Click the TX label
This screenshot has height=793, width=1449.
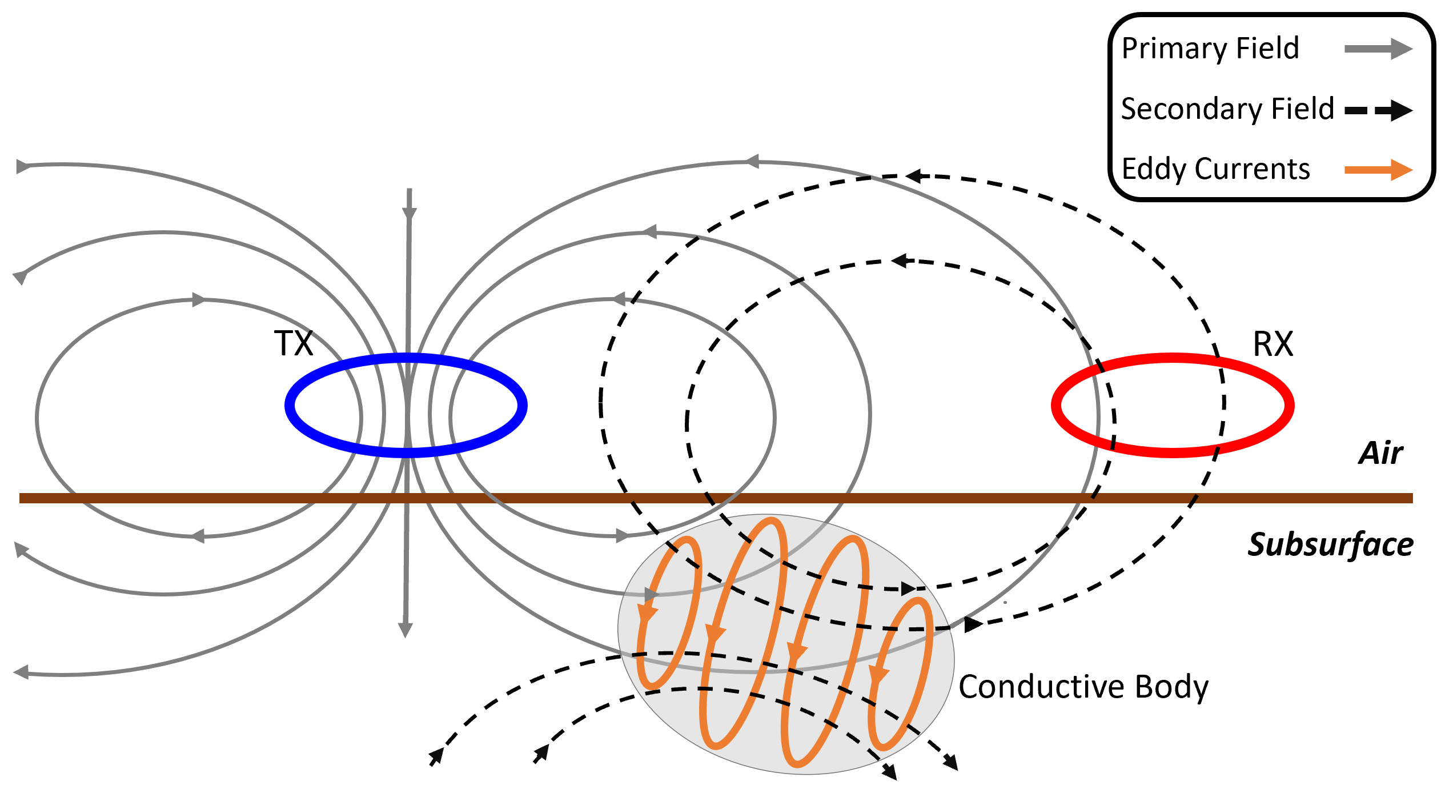pyautogui.click(x=294, y=343)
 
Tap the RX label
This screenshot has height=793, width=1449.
pyautogui.click(x=1273, y=344)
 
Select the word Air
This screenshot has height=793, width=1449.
pyautogui.click(x=1380, y=454)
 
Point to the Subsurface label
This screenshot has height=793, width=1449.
pyautogui.click(x=1330, y=544)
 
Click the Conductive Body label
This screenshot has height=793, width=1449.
pyautogui.click(x=1083, y=687)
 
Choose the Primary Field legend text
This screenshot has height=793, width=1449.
pyautogui.click(x=1210, y=48)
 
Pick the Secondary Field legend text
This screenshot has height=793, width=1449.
pyautogui.click(x=1227, y=109)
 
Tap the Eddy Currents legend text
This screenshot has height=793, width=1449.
pyautogui.click(x=1216, y=169)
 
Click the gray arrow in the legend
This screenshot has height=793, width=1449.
pyautogui.click(x=1378, y=49)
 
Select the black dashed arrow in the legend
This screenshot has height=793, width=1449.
pyautogui.click(x=1378, y=110)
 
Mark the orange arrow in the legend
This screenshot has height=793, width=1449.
pyautogui.click(x=1378, y=170)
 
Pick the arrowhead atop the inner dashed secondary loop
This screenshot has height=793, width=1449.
pyautogui.click(x=900, y=261)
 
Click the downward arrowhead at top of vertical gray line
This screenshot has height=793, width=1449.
pyautogui.click(x=409, y=214)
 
